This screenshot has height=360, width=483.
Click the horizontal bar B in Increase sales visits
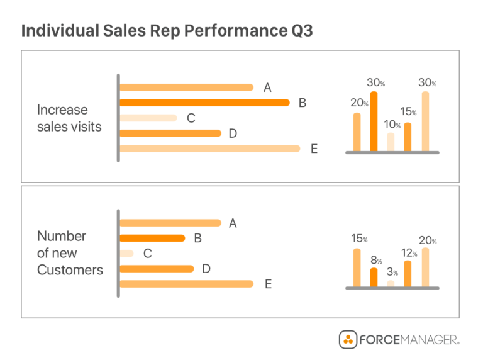pos(204,103)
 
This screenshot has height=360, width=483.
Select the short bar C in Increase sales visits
pos(148,118)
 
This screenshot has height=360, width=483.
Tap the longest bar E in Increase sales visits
pos(209,149)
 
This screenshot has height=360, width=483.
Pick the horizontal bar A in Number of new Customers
pos(170,223)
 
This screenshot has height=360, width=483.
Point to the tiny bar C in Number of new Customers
pos(126,254)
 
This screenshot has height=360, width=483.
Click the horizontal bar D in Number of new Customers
pos(156,269)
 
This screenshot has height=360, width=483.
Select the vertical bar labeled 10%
pos(391,142)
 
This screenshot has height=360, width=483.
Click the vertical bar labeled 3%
pos(391,283)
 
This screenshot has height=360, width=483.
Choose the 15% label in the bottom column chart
pos(359,239)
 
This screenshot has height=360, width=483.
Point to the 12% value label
pos(409,252)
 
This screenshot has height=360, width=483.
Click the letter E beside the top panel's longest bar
pos(314,149)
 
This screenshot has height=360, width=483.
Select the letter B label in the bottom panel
pos(197,239)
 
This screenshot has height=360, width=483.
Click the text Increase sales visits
pos(69,118)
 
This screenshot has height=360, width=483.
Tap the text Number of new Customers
pos(70,253)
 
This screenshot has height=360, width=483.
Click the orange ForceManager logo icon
pos(348,340)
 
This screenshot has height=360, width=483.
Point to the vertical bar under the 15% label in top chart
pos(408,137)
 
